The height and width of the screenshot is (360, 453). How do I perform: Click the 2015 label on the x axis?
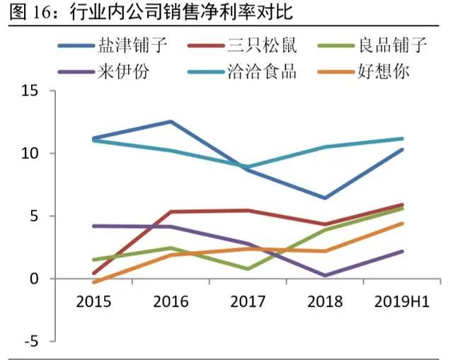93,302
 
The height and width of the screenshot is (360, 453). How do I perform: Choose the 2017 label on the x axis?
248,302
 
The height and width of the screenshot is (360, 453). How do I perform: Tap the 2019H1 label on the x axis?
401,302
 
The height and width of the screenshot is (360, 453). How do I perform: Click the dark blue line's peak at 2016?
171,122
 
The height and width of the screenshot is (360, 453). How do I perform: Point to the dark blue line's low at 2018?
325,198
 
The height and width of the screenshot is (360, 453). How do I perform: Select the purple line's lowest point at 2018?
325,275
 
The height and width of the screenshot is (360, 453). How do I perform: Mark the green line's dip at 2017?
248,269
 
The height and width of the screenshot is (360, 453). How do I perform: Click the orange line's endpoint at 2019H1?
402,223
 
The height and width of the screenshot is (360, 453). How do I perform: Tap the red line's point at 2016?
171,211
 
